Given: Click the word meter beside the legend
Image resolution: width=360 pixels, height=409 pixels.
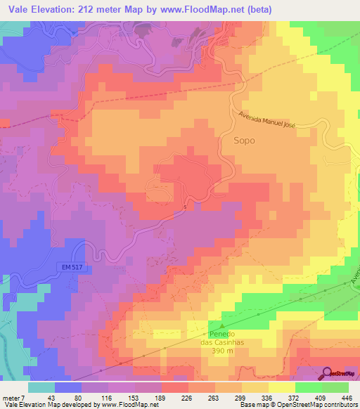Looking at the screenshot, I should [x=12, y=398].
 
